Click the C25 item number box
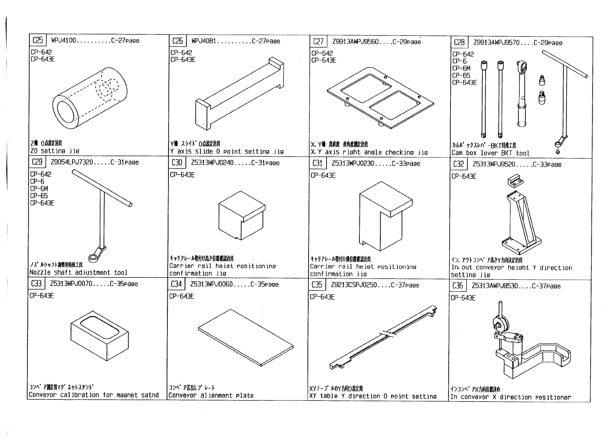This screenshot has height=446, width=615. tap(37, 41)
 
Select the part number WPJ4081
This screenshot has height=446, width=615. tap(204, 41)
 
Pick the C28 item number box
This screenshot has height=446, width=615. tap(459, 43)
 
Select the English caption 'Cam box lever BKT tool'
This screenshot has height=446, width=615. tap(490, 153)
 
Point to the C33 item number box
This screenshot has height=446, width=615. tap(37, 284)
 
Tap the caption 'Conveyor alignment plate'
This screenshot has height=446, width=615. tap(211, 396)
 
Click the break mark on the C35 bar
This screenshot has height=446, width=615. tap(387, 333)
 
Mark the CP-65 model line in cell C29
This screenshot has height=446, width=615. tap(39, 196)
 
